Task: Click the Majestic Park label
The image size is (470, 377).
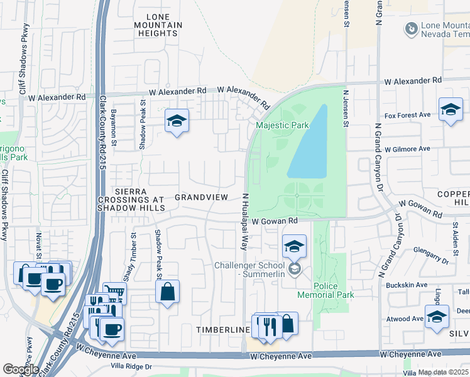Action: [282, 125]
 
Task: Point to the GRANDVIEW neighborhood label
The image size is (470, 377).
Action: [201, 197]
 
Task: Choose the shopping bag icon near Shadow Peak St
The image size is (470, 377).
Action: [167, 292]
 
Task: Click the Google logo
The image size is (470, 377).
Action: [21, 369]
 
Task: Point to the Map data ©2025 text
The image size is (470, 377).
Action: [443, 372]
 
